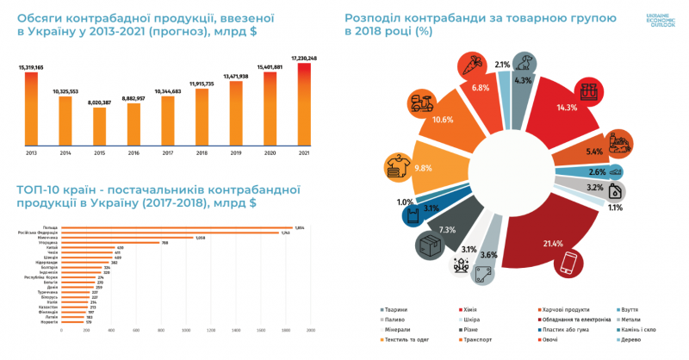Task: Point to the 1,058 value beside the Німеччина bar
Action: click(201, 238)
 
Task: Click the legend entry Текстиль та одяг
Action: click(406, 339)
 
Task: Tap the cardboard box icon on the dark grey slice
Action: click(429, 245)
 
